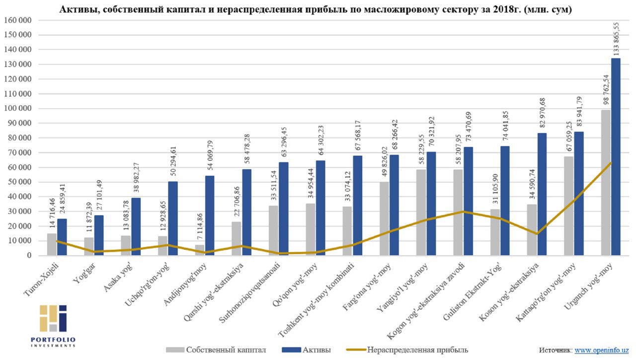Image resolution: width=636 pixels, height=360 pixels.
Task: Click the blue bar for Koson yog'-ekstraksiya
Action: tap(542, 194)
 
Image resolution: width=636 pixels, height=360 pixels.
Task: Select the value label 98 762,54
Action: tap(605, 89)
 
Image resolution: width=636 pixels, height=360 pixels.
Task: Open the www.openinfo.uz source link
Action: tap(602, 350)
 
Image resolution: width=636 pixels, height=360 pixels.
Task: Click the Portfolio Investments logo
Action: tap(53, 325)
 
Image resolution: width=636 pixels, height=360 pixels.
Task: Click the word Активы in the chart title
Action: tap(75, 9)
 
